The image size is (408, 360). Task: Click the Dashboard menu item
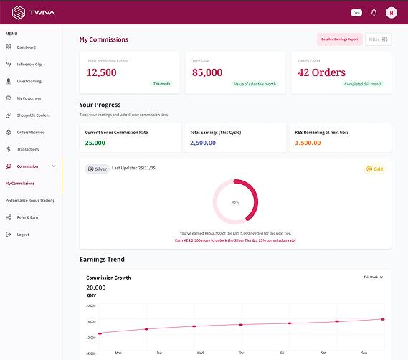26,47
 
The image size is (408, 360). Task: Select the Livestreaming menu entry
29,81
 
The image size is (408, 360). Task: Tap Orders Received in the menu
30,132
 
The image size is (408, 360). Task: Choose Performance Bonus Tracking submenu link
30,200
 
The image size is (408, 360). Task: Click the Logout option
23,235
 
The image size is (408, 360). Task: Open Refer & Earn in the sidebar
27,217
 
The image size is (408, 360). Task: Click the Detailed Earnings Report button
339,39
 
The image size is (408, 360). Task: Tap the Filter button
378,39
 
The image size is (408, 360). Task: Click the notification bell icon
374,12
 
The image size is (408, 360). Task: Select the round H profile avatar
391,12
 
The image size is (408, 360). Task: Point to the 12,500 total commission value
101,72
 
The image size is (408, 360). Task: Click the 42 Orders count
322,72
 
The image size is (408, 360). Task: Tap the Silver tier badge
98,169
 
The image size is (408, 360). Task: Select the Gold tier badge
375,169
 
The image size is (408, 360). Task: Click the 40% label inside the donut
234,202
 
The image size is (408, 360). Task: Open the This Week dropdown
373,277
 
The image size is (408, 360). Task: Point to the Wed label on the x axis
200,353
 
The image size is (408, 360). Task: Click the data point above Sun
382,319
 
